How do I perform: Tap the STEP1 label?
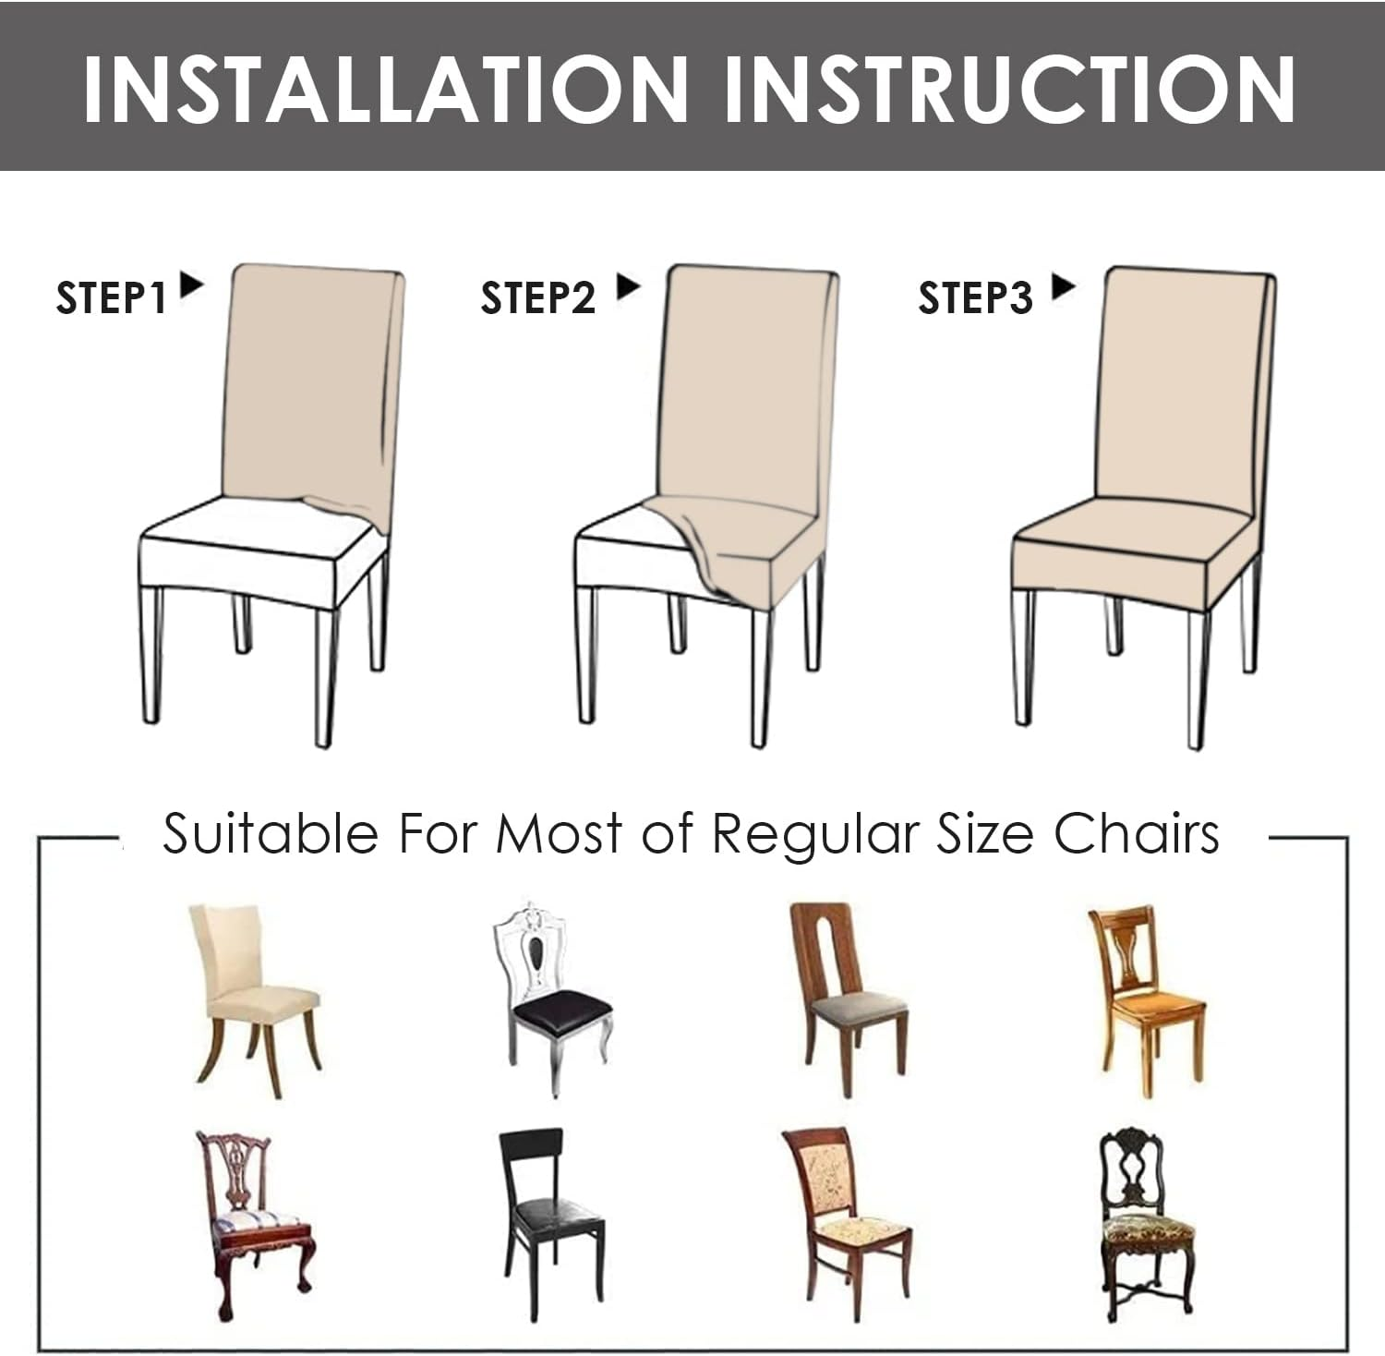click(111, 298)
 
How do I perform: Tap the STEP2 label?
click(537, 298)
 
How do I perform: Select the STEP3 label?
click(974, 298)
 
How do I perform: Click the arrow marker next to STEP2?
click(628, 286)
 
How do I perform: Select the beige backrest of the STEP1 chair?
click(309, 379)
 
